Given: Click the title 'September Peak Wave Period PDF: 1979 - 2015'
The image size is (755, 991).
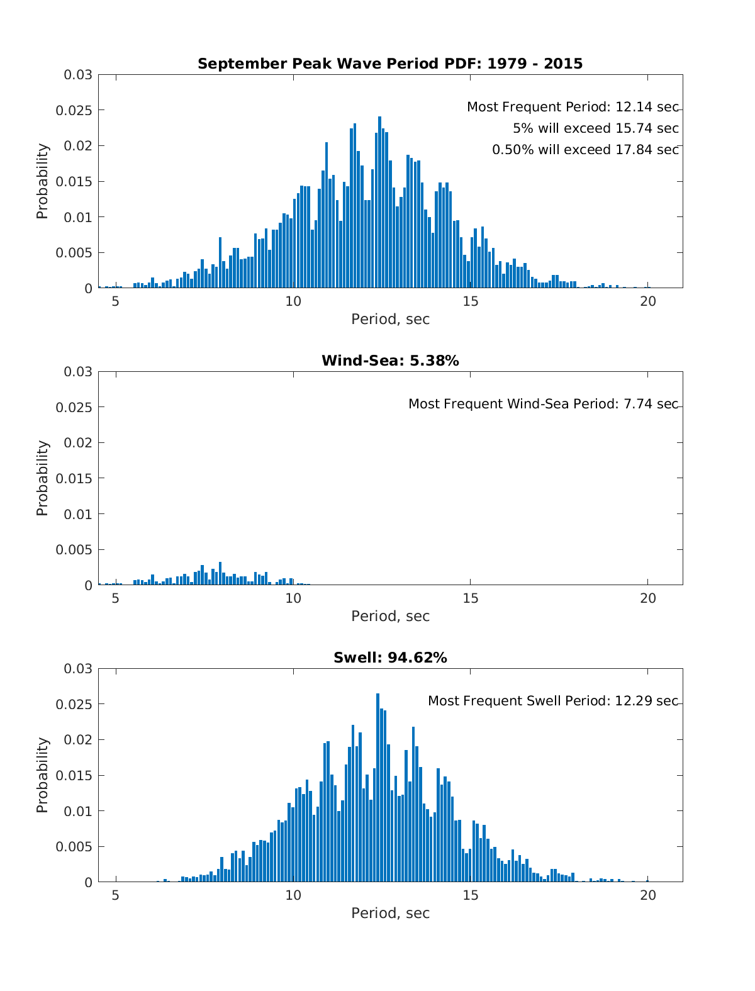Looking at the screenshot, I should [390, 64].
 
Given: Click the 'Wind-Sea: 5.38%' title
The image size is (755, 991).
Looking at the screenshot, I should [390, 361].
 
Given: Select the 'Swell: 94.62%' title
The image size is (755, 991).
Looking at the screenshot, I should [390, 658].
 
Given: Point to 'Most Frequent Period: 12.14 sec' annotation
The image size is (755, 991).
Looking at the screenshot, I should [573, 108].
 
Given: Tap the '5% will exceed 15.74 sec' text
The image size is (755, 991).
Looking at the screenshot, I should [595, 128].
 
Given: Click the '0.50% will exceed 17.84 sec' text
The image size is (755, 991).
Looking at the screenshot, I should [585, 150].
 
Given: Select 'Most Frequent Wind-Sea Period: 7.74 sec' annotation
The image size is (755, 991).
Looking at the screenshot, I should [543, 404].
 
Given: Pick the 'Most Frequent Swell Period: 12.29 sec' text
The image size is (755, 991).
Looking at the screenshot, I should [553, 701].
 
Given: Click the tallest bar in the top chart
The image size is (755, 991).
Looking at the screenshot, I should [379, 201].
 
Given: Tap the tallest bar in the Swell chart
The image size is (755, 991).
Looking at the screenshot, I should [377, 787].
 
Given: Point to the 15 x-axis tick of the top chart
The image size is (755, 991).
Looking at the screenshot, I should [471, 301].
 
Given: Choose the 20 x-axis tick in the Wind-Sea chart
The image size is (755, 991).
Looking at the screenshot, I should [648, 598].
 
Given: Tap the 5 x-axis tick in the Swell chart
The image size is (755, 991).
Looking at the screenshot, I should [116, 895].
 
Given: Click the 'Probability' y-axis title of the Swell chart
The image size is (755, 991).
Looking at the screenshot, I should [42, 775].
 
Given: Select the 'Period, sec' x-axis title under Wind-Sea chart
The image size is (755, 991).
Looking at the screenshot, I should [390, 616].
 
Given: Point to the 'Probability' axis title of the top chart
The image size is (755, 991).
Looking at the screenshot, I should [42, 181].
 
